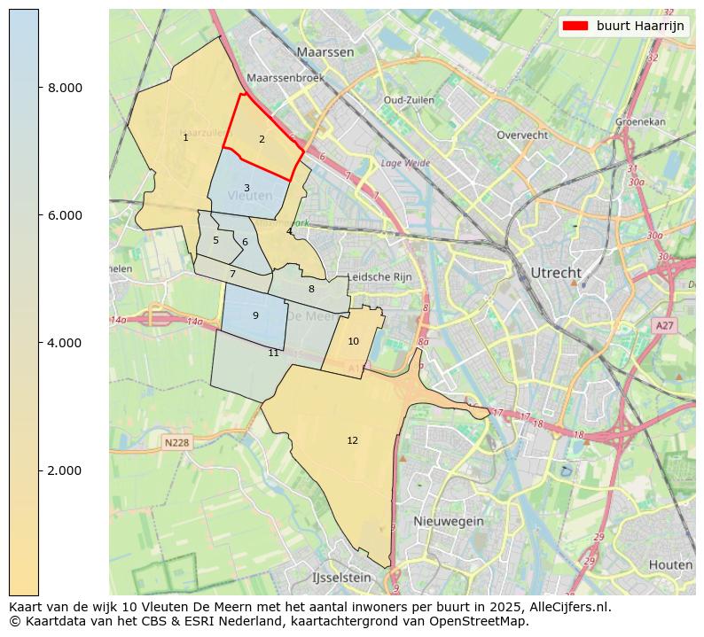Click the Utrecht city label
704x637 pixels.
555,272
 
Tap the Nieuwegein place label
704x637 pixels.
448,521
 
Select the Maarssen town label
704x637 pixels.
325,52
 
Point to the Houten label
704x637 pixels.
670,564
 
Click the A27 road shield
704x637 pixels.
665,326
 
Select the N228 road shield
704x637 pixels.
177,442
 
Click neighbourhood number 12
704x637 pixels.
352,440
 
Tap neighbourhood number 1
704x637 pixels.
185,137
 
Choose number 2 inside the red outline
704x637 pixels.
262,139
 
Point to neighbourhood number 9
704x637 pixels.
255,315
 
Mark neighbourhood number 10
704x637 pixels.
353,341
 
